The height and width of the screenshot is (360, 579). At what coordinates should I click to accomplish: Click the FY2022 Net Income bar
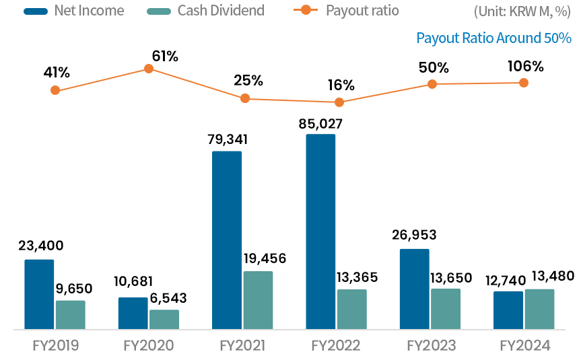coord(320,232)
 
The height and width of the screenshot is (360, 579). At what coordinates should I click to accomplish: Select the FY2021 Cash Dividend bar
coord(258,300)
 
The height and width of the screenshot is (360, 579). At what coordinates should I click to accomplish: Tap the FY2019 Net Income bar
coord(39,294)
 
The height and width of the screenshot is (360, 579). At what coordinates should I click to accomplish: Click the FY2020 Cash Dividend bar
coord(164,320)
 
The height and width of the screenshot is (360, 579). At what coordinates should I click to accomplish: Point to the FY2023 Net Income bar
coord(414,289)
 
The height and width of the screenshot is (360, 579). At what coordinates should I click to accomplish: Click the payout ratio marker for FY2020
coord(149,69)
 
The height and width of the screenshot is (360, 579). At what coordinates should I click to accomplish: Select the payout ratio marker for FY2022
coord(339,102)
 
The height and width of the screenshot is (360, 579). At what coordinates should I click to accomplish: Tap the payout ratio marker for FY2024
coord(523,83)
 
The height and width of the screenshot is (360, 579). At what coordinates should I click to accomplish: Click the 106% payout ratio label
coord(526,66)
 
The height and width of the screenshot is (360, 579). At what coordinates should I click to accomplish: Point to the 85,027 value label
coord(320,124)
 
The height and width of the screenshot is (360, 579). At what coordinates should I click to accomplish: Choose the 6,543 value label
coord(164,298)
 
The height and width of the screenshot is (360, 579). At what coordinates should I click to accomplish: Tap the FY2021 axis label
coord(242,346)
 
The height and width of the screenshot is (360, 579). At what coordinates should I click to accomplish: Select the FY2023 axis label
coord(431,346)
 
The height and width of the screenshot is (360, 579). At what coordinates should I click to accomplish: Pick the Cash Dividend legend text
coord(221,11)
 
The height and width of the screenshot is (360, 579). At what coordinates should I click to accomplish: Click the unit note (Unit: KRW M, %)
coord(522,11)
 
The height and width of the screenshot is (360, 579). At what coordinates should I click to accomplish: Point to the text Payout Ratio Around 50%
coord(493,38)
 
